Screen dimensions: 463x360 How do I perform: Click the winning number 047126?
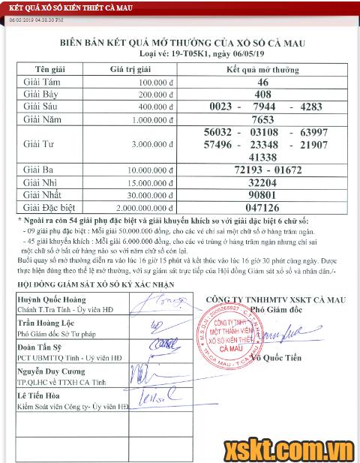point(262,207)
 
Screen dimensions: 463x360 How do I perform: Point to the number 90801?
point(262,195)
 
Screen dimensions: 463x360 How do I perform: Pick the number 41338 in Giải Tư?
point(262,157)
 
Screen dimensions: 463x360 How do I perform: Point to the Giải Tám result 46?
point(262,83)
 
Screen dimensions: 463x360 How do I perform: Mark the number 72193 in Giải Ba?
point(237,170)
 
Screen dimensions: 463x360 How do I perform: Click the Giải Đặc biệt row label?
point(53,207)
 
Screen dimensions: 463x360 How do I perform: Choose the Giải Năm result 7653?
point(262,119)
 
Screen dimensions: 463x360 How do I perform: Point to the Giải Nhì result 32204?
point(262,183)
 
